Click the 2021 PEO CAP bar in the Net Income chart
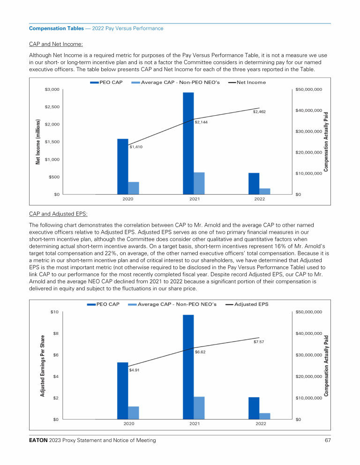(x=188, y=143)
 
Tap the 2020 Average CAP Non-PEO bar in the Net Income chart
(x=134, y=188)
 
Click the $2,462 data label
(x=259, y=112)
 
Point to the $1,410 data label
(x=136, y=147)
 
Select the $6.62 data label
(x=201, y=352)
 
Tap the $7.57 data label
(x=259, y=342)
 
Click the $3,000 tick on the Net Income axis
(x=52, y=89)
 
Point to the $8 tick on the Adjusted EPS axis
(x=55, y=333)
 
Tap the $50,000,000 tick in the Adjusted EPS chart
(x=308, y=312)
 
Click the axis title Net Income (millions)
(x=37, y=141)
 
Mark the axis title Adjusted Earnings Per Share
(x=42, y=366)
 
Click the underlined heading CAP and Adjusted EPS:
(x=58, y=214)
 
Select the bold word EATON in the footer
(x=39, y=441)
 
